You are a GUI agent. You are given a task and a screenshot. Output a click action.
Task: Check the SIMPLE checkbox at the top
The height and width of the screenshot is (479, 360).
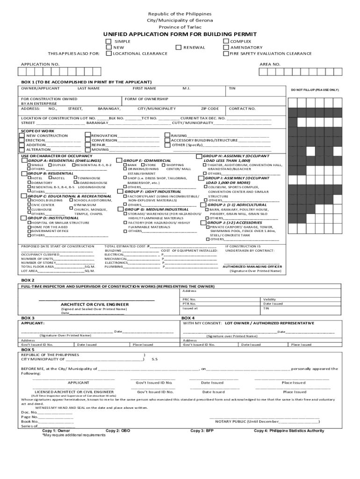[x=108, y=42]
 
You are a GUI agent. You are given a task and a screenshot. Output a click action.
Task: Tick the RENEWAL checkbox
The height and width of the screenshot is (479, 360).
[x=178, y=47]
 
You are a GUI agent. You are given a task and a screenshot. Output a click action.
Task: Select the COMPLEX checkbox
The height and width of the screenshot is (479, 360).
[x=226, y=42]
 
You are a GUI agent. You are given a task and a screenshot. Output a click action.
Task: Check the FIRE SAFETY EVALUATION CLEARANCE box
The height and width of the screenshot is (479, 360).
[x=226, y=53]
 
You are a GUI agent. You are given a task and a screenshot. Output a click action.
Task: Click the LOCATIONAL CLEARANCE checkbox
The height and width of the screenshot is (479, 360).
[x=108, y=53]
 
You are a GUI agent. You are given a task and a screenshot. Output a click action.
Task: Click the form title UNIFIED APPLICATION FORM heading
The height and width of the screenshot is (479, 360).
[x=180, y=35]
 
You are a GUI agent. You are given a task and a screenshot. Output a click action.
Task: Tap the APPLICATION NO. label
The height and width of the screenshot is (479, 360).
[x=40, y=64]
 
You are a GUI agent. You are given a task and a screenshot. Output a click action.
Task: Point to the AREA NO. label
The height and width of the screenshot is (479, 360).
[x=270, y=64]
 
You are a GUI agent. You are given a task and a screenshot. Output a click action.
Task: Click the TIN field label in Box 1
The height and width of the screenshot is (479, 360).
[x=232, y=88]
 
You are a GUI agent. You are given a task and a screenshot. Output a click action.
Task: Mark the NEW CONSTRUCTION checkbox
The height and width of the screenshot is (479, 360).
[x=22, y=136]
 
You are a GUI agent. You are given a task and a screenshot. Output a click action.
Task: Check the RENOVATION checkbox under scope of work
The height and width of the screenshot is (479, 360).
[x=87, y=136]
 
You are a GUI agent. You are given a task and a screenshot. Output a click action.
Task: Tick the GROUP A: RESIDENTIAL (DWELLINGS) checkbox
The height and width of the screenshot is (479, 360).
[x=24, y=160]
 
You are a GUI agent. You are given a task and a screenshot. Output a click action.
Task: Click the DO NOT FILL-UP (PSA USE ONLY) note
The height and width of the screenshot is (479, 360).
[x=315, y=89]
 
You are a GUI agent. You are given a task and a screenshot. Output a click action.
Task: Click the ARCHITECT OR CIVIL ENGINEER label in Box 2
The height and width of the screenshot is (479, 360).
[x=95, y=305]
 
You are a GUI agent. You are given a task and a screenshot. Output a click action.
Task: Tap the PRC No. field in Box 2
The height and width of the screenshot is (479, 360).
[x=189, y=299]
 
